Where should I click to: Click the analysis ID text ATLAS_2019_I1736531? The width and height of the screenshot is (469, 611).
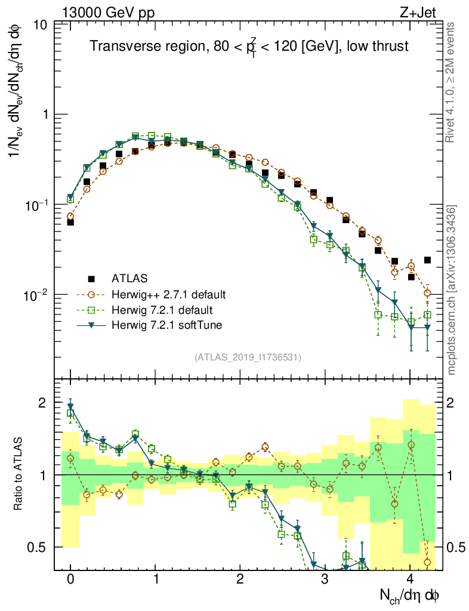coord(247,357)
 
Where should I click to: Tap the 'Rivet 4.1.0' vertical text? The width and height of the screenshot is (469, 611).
coord(452,84)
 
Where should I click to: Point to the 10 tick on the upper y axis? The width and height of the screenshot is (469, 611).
coord(42,25)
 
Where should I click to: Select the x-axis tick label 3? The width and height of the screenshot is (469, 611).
coord(325,579)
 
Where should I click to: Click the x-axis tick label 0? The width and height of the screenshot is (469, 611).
coord(70,579)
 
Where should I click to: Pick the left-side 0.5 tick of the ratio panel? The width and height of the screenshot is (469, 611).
coord(40,547)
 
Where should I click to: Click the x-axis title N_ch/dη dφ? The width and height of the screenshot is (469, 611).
coord(412,595)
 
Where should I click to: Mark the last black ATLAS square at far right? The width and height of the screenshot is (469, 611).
coord(427,260)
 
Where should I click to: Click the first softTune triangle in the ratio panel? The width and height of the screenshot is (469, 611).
coord(70,408)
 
